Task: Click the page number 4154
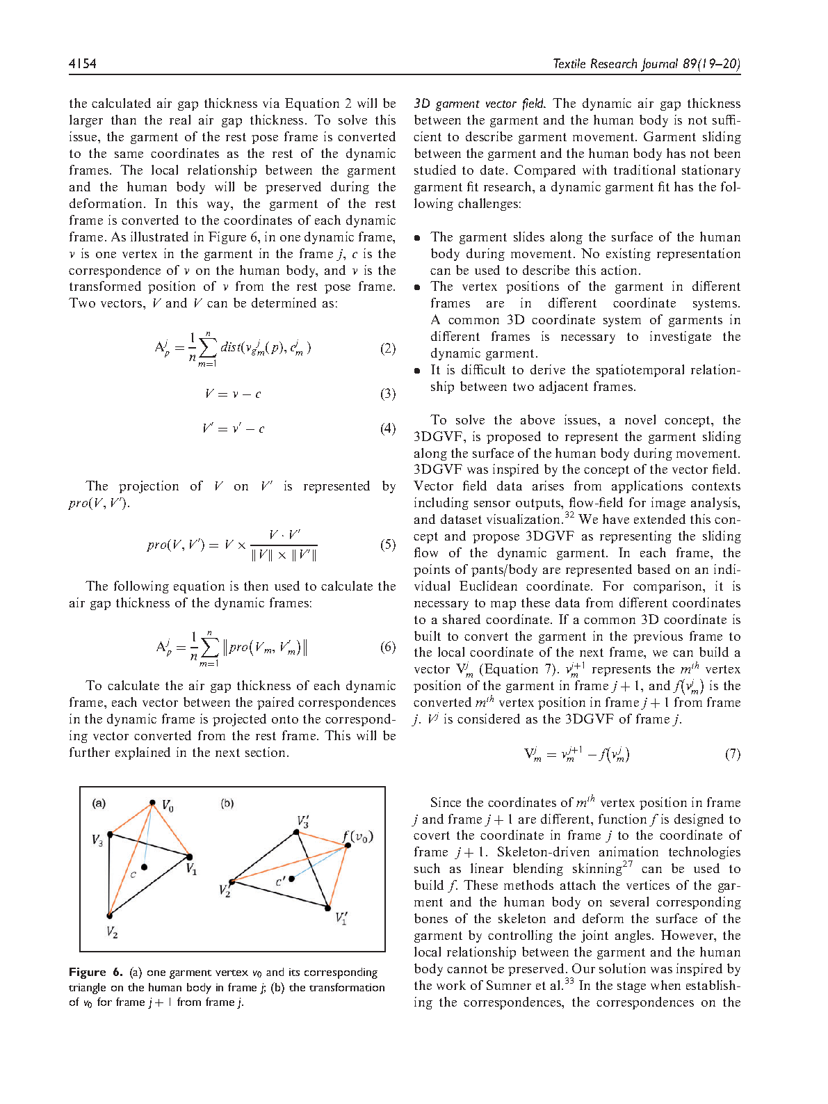(x=83, y=64)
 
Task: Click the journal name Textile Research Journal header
(x=646, y=64)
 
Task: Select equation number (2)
(x=388, y=349)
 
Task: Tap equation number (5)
(x=388, y=544)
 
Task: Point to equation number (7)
(x=733, y=754)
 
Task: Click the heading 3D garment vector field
(x=480, y=104)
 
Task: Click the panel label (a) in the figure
(x=99, y=803)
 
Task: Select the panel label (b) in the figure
(x=227, y=803)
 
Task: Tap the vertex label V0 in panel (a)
(x=168, y=806)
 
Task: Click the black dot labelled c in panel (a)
(x=144, y=867)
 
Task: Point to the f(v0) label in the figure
(x=358, y=836)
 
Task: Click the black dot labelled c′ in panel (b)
(x=292, y=879)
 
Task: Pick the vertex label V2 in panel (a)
(x=112, y=931)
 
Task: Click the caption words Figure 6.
(x=96, y=973)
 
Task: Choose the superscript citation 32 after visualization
(x=569, y=515)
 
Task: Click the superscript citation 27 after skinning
(x=628, y=865)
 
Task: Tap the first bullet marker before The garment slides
(x=417, y=238)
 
